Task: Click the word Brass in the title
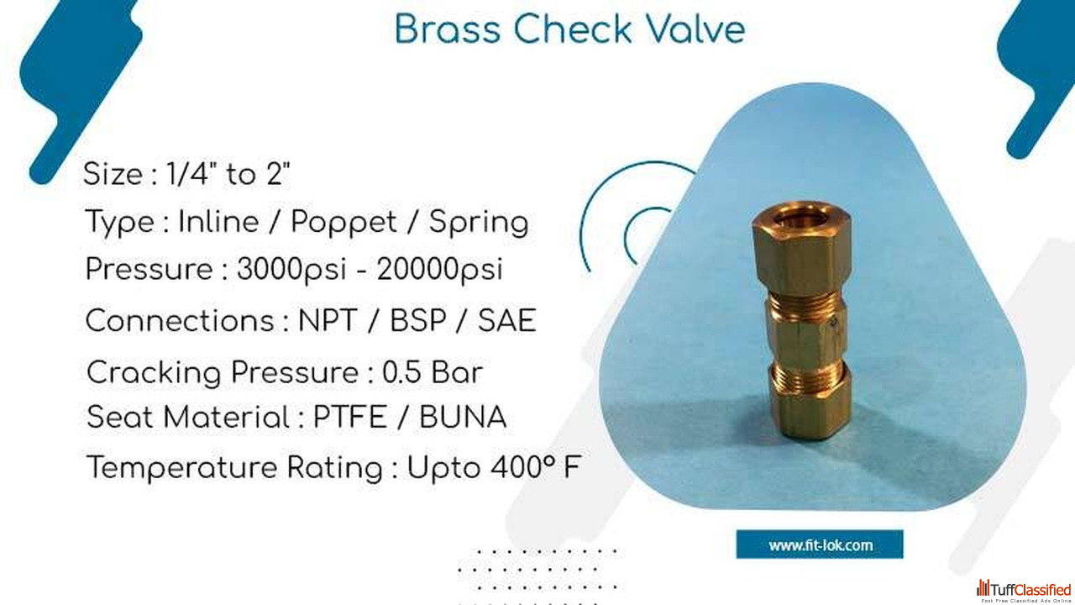[x=448, y=29]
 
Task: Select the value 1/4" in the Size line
[x=188, y=173]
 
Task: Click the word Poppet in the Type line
[x=344, y=224]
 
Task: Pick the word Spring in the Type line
[x=479, y=224]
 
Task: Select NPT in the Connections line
[x=328, y=320]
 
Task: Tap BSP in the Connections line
[x=418, y=320]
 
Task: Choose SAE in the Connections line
[x=506, y=320]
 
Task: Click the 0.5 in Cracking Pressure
[x=401, y=372]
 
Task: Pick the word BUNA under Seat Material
[x=463, y=417]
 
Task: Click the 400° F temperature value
[x=536, y=466]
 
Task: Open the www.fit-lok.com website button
[x=820, y=544]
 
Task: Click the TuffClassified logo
[x=1025, y=591]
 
